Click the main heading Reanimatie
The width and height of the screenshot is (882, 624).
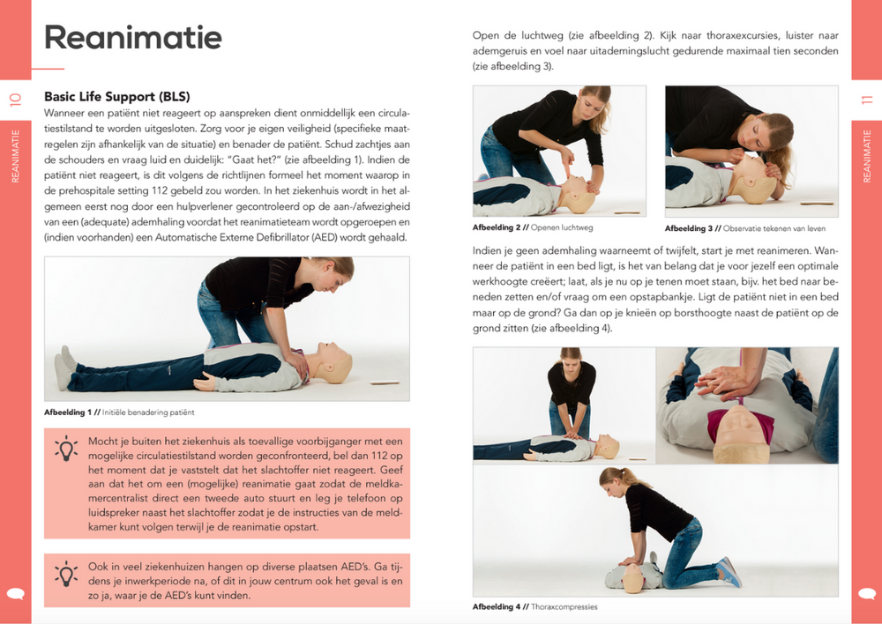[x=132, y=37]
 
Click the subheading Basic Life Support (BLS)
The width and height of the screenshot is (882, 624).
[x=116, y=97]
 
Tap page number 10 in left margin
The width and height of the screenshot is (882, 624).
[x=15, y=100]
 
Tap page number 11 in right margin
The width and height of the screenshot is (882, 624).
[x=866, y=100]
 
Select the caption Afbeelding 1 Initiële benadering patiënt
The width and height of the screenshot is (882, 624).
[x=119, y=412]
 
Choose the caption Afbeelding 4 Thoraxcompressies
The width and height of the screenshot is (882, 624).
[x=534, y=606]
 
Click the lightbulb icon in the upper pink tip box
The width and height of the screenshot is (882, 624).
[x=66, y=449]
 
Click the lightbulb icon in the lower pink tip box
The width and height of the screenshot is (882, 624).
[x=66, y=574]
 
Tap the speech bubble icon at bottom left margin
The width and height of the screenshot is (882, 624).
[x=15, y=593]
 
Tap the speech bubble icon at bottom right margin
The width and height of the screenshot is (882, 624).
[x=866, y=593]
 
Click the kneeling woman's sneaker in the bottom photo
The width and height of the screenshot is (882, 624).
[x=729, y=571]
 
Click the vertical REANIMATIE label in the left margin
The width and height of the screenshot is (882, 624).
[x=15, y=156]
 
